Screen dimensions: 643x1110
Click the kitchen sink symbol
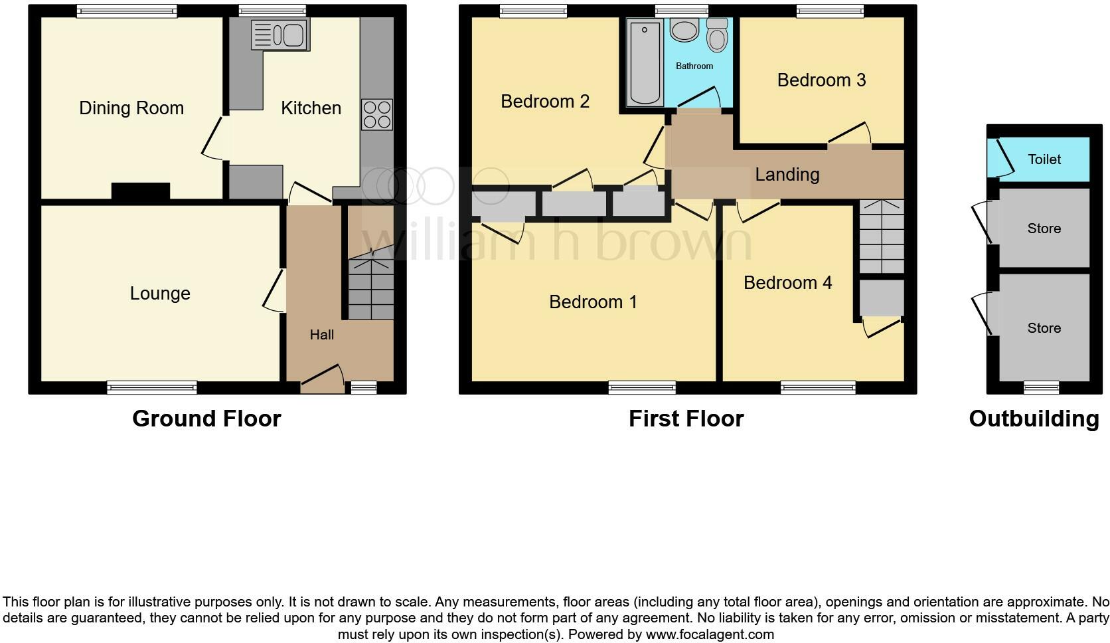(280, 35)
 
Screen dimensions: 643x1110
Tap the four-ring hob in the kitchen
(376, 114)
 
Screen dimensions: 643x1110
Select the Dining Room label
(131, 108)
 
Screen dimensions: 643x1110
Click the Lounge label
(160, 294)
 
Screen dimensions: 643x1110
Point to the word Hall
(322, 335)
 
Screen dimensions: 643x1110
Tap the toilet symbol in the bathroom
(716, 35)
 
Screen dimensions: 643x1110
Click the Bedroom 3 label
(821, 80)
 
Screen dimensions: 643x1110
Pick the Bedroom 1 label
(593, 302)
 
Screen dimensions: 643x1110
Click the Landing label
(787, 175)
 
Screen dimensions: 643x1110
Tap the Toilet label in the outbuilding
(1044, 159)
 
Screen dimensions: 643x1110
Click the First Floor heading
(686, 418)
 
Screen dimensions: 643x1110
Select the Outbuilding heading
(1034, 418)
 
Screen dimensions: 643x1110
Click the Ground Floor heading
(206, 418)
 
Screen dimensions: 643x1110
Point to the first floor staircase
(882, 236)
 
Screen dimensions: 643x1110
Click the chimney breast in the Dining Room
(140, 191)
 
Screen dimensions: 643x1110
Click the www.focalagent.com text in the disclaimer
(709, 634)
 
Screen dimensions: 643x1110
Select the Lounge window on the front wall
(152, 387)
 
